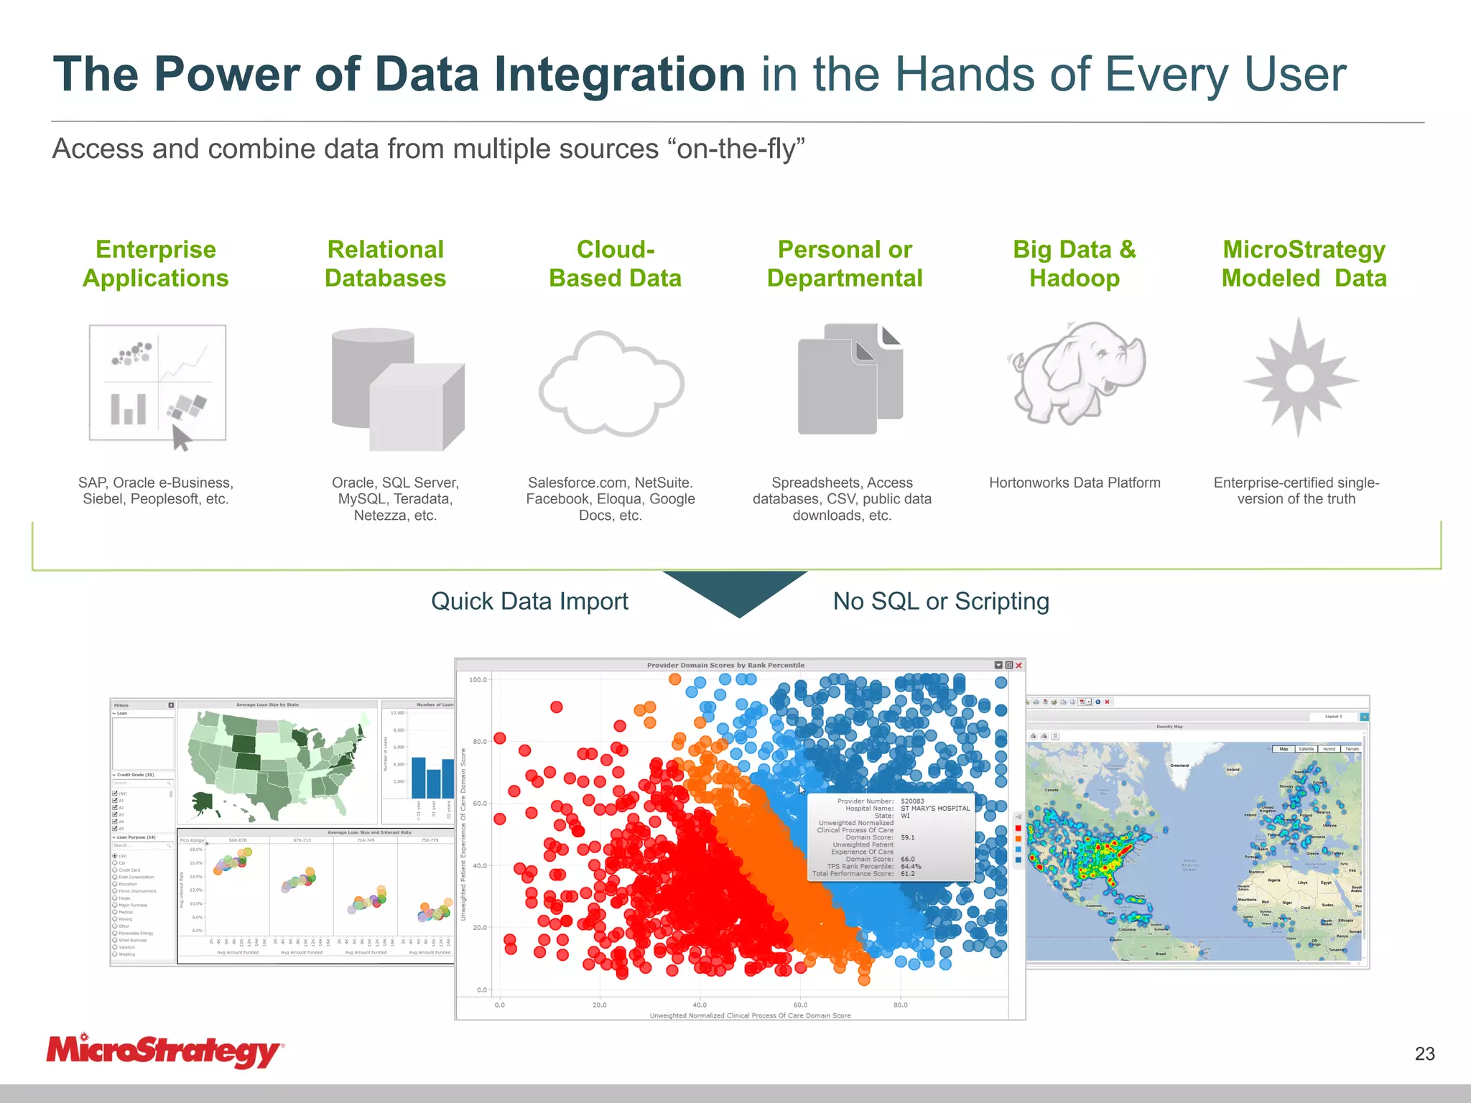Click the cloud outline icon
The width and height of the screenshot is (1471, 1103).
(x=612, y=383)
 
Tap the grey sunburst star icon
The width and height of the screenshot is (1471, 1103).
(x=1300, y=378)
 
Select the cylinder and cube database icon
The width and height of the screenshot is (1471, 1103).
(x=397, y=388)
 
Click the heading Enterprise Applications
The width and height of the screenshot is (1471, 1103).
(x=156, y=264)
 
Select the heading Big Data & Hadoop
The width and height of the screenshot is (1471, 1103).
(x=1075, y=264)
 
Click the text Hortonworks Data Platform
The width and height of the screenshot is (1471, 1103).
(x=1075, y=483)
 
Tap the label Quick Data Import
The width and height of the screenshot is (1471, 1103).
(x=529, y=601)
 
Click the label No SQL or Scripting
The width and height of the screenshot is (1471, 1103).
(x=941, y=601)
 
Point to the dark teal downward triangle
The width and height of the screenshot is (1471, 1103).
(x=737, y=589)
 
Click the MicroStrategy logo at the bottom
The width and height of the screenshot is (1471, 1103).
(x=164, y=1051)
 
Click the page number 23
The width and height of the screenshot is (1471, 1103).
(x=1424, y=1053)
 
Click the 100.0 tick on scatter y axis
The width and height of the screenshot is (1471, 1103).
(x=478, y=679)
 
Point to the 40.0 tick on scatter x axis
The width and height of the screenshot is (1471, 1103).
(x=700, y=1005)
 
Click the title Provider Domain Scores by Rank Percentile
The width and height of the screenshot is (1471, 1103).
(x=725, y=665)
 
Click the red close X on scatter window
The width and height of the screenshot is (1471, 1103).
(x=1018, y=665)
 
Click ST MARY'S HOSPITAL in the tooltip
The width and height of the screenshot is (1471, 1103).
(x=935, y=809)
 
